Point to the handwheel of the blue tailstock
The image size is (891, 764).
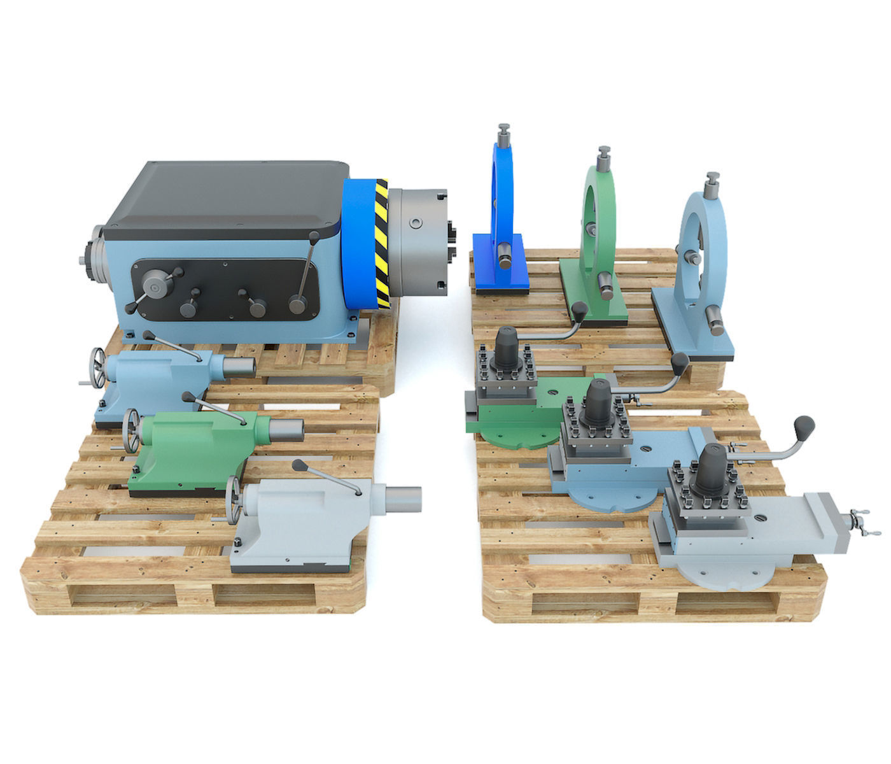pos(97,365)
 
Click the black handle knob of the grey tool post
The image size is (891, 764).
pos(803,425)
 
